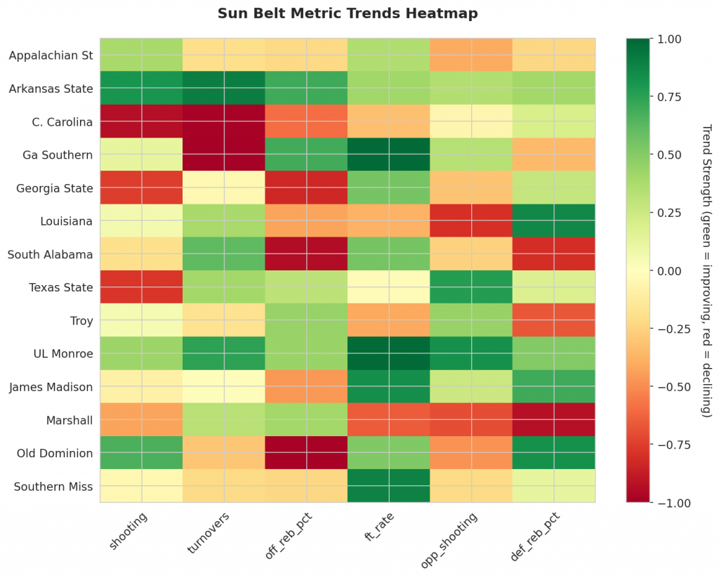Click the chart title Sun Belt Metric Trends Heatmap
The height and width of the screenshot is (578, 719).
(348, 13)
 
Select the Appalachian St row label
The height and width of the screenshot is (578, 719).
(51, 55)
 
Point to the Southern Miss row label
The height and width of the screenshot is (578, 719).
(53, 487)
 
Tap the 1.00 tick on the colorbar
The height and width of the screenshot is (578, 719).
(668, 39)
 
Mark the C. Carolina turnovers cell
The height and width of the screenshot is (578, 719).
(224, 121)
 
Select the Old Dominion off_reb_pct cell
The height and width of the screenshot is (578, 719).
(306, 454)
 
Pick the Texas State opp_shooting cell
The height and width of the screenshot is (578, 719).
(471, 288)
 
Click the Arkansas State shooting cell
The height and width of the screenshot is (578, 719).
(141, 88)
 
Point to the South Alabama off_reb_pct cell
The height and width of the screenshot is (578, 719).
(306, 254)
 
